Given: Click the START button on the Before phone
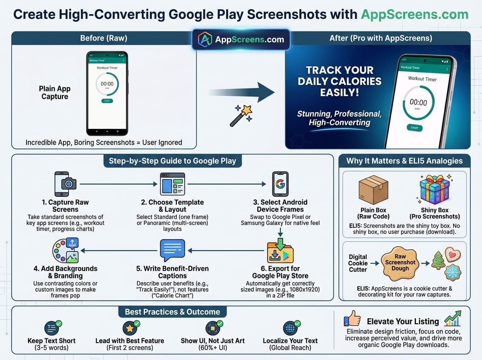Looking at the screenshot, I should [x=107, y=101].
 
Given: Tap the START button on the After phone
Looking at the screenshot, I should [x=415, y=128].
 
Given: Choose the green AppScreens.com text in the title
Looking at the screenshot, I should [x=415, y=14].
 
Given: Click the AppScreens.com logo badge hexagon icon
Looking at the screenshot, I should [x=206, y=39].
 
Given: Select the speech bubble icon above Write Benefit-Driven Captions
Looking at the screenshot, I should [x=172, y=250].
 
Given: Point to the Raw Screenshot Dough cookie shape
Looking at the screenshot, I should [x=400, y=263].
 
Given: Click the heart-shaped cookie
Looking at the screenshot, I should [x=453, y=255].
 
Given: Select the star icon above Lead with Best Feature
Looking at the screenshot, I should [x=130, y=328].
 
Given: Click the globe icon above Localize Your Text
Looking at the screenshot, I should [x=290, y=328].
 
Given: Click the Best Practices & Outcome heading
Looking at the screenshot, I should [x=172, y=312].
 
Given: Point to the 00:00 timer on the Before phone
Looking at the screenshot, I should [x=107, y=84].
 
